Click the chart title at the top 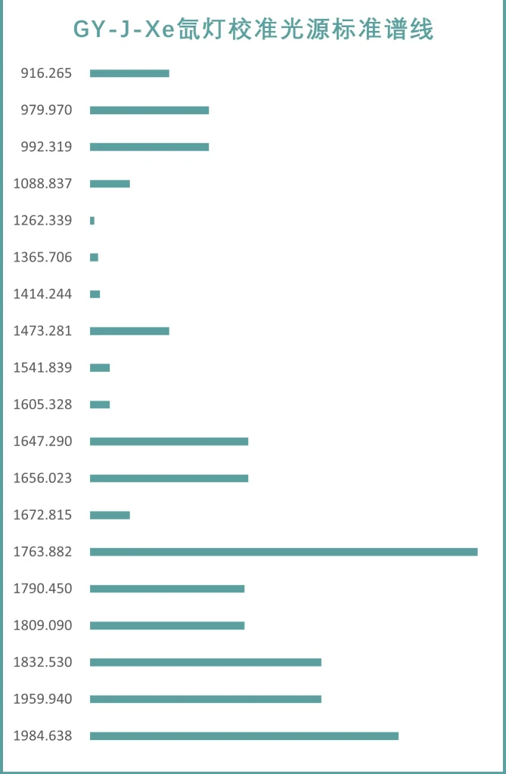[253, 30]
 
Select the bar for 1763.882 [284, 552]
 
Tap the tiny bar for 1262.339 [92, 221]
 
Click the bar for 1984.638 [244, 736]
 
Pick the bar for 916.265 [129, 73]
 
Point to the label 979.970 [46, 110]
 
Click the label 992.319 [46, 147]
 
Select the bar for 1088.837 [110, 184]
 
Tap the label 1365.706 [42, 258]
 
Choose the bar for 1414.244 [95, 294]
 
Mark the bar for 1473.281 [129, 331]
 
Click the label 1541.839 [42, 368]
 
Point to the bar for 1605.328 [100, 404]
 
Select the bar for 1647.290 [169, 441]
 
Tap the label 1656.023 [42, 478]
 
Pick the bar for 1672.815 [110, 515]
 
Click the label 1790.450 [42, 589]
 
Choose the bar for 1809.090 [167, 626]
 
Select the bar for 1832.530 [206, 662]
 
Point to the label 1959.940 [42, 699]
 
